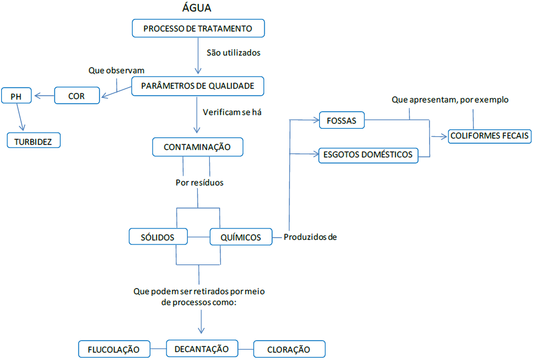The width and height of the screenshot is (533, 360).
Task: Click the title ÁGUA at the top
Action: pos(197,8)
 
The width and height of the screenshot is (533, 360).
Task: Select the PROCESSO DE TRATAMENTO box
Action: pos(198,28)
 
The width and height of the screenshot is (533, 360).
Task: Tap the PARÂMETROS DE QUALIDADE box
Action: pos(198,86)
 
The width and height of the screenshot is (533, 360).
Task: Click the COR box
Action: pos(77,96)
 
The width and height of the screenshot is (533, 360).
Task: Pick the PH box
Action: pos(16,97)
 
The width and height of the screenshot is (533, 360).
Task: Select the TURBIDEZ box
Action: pos(33,141)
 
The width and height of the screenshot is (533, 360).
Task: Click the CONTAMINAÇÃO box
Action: pos(197,147)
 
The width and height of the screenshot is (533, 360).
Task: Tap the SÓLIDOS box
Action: pos(158,237)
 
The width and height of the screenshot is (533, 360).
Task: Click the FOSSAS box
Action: pos(341,121)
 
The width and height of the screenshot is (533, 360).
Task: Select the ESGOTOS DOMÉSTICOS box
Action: pos(368,155)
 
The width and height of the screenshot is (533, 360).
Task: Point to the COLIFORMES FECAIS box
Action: pos(490,136)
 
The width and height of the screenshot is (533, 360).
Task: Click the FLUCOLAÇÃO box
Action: pos(114,349)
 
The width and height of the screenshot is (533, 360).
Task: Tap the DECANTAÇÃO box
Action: pos(201,348)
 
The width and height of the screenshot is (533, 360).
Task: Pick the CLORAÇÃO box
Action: pos(289,349)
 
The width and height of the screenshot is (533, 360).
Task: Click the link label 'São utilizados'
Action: pos(233,53)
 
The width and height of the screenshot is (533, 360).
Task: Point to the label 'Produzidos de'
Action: pos(311,237)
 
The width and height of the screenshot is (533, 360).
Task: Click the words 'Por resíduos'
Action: pos(199,183)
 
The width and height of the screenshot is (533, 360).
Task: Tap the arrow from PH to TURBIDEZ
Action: pos(21,119)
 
